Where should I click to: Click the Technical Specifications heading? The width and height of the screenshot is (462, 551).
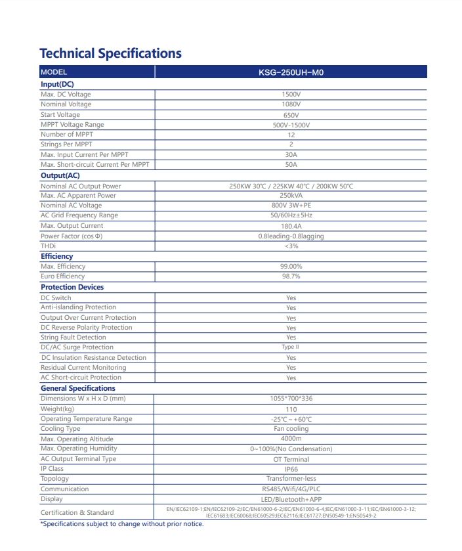(x=110, y=53)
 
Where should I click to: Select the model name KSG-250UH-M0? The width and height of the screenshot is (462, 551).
(x=291, y=73)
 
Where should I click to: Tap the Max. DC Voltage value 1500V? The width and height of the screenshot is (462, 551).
(x=291, y=95)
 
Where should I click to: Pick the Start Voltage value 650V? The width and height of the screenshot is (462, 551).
(x=291, y=115)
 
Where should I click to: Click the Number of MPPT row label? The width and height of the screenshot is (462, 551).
(x=67, y=135)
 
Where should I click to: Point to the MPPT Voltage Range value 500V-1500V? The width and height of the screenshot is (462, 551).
(x=291, y=125)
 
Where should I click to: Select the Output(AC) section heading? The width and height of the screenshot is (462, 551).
(x=60, y=175)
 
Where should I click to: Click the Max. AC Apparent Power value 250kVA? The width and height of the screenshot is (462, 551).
(x=291, y=196)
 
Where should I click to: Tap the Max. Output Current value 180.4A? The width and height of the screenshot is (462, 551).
(x=291, y=226)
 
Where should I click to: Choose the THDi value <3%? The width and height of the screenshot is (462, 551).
(x=291, y=246)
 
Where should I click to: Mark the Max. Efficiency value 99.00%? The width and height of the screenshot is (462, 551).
(x=291, y=267)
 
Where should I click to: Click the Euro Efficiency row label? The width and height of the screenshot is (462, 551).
(x=63, y=276)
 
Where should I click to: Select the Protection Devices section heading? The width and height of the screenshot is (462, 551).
(x=72, y=287)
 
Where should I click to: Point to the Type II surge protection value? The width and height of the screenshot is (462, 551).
(x=291, y=347)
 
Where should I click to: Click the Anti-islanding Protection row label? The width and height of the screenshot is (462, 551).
(x=78, y=307)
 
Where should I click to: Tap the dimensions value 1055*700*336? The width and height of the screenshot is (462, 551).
(x=291, y=399)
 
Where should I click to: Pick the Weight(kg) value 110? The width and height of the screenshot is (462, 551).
(x=291, y=409)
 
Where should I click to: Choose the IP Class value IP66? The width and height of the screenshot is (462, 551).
(x=291, y=470)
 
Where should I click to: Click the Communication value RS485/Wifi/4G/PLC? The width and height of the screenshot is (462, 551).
(x=291, y=489)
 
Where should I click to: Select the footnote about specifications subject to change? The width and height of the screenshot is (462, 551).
(x=122, y=523)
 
